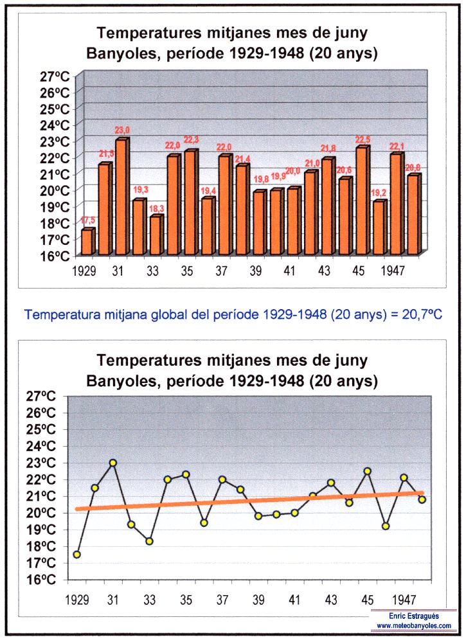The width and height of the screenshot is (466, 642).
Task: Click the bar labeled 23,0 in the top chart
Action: click(x=121, y=196)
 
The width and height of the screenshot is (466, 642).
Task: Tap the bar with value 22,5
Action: click(x=361, y=201)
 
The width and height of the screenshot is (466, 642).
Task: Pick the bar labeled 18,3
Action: click(x=155, y=235)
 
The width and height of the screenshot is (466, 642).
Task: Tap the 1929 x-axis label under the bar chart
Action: click(x=84, y=271)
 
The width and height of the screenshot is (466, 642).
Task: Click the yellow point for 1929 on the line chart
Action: click(x=77, y=555)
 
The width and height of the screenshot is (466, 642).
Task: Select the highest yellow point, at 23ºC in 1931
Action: click(x=113, y=463)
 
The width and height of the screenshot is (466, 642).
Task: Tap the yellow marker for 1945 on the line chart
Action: click(x=368, y=471)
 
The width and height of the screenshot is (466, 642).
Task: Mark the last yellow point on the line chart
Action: click(x=422, y=499)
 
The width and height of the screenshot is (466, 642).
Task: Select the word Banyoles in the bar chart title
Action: click(x=122, y=53)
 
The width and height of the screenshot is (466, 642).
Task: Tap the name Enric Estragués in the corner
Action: click(x=414, y=616)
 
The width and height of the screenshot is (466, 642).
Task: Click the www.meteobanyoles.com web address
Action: click(x=414, y=625)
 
